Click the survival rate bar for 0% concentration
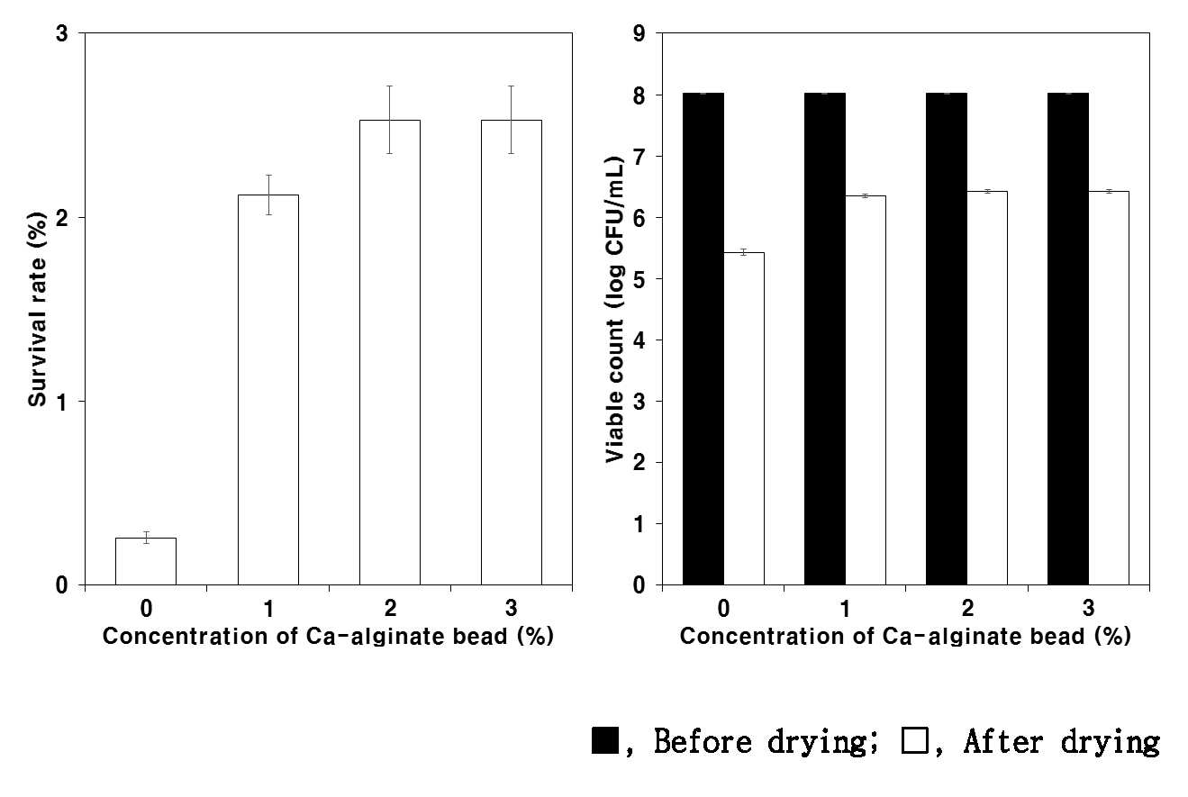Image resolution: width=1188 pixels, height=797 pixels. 146,562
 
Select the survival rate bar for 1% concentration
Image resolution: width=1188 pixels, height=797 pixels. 268,390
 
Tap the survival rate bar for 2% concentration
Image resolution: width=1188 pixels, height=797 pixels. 390,353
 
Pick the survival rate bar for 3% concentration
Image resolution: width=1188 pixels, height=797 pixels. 512,353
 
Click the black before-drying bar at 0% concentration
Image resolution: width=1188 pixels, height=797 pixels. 703,340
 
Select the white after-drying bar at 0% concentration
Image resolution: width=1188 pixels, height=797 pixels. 744,419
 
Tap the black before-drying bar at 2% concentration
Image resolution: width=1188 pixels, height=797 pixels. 947,340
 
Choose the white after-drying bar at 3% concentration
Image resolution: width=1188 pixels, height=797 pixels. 1109,388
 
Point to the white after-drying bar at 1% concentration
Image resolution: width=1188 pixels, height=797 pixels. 866,390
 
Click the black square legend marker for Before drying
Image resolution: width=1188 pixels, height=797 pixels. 605,740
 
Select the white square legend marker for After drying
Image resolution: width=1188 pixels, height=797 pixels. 914,740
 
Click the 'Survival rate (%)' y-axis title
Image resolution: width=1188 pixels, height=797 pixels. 38,310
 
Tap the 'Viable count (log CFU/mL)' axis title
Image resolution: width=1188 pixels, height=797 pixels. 614,310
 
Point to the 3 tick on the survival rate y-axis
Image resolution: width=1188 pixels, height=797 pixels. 62,34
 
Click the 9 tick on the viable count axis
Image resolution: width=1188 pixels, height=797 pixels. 639,34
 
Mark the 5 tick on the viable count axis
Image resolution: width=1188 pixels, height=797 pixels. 639,279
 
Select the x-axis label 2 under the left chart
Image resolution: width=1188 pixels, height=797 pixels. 390,608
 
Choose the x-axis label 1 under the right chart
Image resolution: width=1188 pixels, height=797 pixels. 846,608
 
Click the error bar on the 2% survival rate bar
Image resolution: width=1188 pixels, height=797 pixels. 390,119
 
